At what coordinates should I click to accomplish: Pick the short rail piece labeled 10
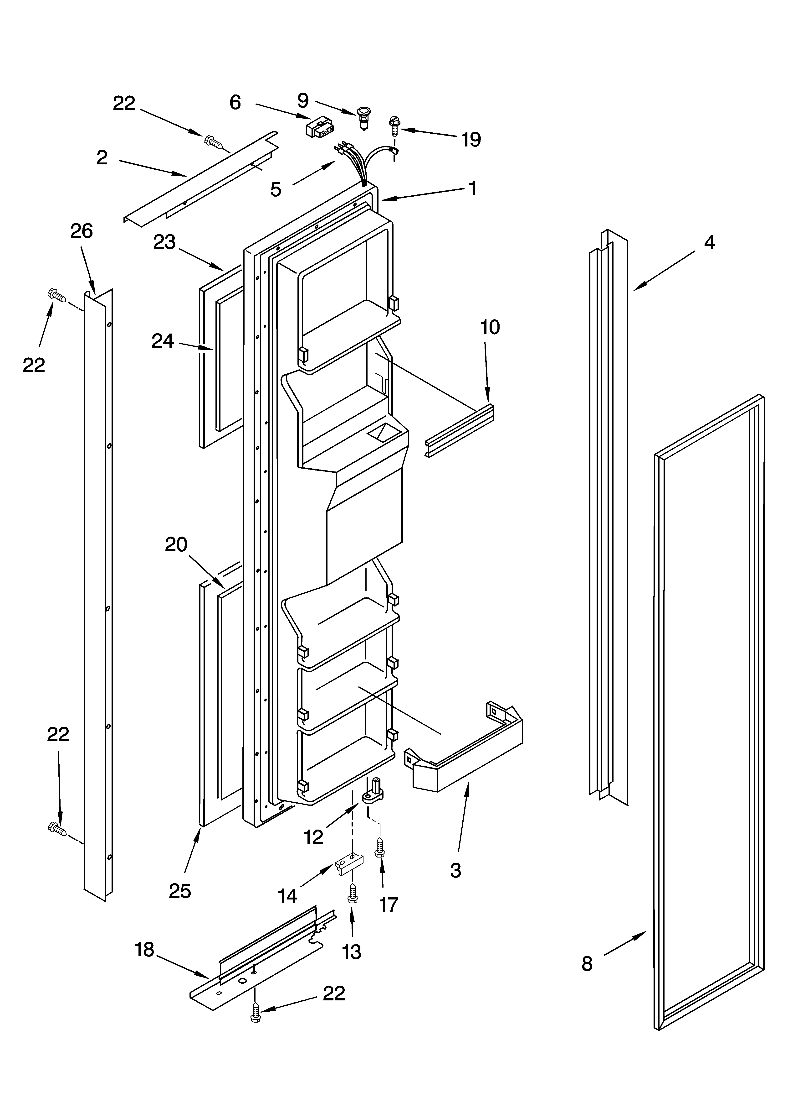tap(459, 430)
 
